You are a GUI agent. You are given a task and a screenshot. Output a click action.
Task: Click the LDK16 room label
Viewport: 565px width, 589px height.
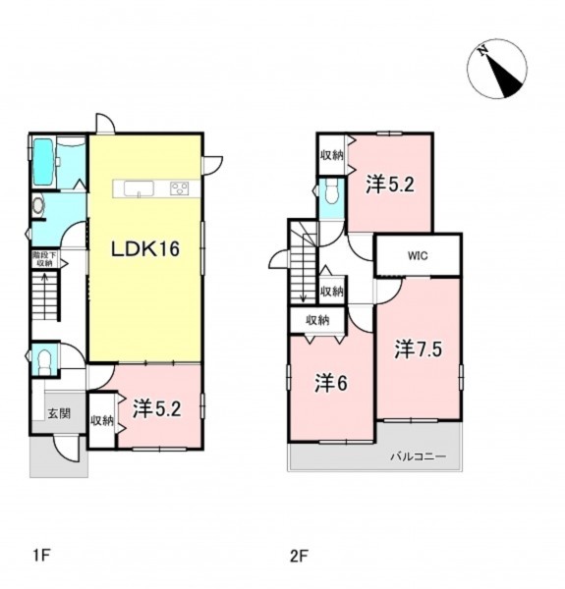pyautogui.click(x=144, y=248)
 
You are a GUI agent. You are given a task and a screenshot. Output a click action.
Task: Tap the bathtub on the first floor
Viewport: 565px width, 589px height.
pyautogui.click(x=42, y=162)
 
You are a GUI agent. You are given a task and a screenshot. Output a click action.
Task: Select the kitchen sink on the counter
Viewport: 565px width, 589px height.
pyautogui.click(x=139, y=188)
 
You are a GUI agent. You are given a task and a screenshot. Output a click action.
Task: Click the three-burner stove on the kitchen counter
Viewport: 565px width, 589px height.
pyautogui.click(x=179, y=188)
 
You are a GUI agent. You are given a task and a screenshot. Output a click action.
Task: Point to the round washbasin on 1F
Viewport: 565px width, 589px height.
pyautogui.click(x=38, y=205)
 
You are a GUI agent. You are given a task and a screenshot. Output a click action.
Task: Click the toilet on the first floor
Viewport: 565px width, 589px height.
pyautogui.click(x=44, y=361)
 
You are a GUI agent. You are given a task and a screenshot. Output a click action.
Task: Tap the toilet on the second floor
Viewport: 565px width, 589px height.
pyautogui.click(x=331, y=191)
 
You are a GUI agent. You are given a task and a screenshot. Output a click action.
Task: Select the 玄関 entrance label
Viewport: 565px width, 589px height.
pyautogui.click(x=59, y=413)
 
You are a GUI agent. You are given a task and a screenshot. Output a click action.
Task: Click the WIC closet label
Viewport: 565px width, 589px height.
pyautogui.click(x=418, y=256)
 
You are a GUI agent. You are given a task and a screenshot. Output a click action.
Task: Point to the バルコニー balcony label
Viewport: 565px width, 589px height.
pyautogui.click(x=418, y=456)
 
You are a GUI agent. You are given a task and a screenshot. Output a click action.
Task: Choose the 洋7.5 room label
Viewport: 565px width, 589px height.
pyautogui.click(x=418, y=349)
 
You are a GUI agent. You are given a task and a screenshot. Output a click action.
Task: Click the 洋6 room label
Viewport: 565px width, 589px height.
pyautogui.click(x=331, y=384)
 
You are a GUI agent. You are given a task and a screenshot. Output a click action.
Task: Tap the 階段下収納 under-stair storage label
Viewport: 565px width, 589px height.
pyautogui.click(x=44, y=259)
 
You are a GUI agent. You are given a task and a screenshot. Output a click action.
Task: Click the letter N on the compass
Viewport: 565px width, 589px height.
pyautogui.click(x=483, y=50)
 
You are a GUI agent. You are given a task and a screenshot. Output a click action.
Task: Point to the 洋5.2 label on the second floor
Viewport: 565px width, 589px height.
pyautogui.click(x=390, y=185)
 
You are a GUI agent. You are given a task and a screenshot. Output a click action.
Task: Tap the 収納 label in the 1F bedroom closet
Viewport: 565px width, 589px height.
pyautogui.click(x=102, y=421)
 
